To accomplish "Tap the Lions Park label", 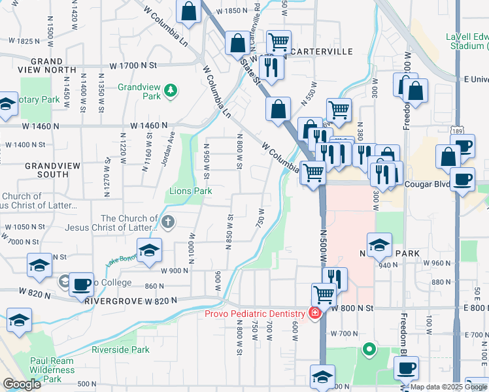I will click(191, 191).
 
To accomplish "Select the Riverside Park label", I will click(120, 350).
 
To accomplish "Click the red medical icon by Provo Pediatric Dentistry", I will click(315, 314).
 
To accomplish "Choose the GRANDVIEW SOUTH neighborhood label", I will click(46, 170).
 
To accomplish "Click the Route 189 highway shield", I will click(454, 132).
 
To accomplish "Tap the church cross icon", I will click(168, 222).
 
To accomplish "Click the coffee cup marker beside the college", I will click(81, 284).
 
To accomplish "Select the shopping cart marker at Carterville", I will click(279, 41).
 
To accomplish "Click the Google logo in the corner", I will click(21, 384).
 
